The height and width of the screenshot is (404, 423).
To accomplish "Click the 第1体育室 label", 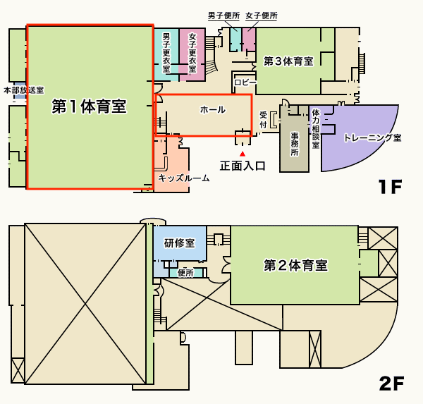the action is (x=89, y=106).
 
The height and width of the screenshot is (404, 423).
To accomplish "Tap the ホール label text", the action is (x=213, y=109).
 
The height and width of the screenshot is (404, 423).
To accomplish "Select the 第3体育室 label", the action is (x=288, y=61).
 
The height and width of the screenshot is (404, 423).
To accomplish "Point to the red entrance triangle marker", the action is (x=243, y=154).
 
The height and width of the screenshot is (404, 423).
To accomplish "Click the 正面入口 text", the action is (x=243, y=166).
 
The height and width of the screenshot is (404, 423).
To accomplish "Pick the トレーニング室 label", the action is (x=372, y=137).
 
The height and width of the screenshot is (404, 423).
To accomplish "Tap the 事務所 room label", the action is (x=294, y=144).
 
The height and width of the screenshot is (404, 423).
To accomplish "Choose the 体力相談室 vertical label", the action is (x=316, y=129).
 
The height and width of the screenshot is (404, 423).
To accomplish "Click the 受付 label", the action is (x=263, y=120).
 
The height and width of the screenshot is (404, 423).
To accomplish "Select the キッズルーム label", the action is (x=184, y=178).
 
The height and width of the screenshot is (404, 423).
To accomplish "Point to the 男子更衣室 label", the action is (x=166, y=53).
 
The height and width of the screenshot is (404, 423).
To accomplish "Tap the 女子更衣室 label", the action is (x=192, y=53).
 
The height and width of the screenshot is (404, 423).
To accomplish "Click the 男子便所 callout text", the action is (x=224, y=16).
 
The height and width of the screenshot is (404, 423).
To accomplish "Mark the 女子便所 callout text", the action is (x=262, y=16).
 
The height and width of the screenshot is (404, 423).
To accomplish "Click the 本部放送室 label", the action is (x=24, y=90).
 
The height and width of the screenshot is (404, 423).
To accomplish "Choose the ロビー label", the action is (x=245, y=82).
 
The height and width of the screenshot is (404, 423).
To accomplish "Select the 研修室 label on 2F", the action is (x=179, y=243).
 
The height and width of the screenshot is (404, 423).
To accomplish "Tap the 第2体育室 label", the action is (x=295, y=265).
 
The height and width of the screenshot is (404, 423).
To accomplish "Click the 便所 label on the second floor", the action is (x=185, y=273).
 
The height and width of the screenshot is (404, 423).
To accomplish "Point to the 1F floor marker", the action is (x=391, y=186).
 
